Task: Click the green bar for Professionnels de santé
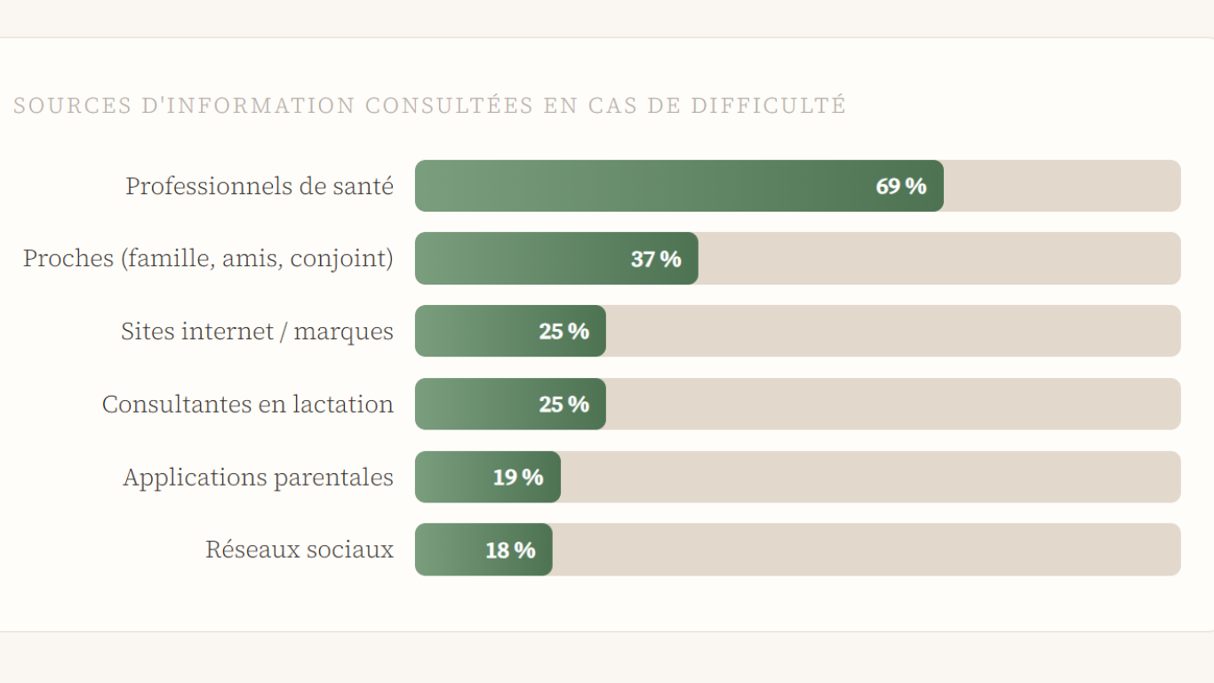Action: (640, 186)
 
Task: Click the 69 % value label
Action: (901, 186)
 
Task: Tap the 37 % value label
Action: (656, 259)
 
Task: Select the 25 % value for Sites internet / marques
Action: (564, 332)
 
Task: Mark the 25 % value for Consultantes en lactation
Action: (564, 405)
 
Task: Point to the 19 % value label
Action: (518, 478)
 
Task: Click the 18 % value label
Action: (510, 550)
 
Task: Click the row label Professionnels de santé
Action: (260, 186)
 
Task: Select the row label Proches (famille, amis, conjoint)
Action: (208, 259)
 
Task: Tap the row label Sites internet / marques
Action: (257, 332)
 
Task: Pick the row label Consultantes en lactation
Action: (247, 405)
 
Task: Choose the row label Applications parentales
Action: (258, 478)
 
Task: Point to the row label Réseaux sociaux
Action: (300, 550)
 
